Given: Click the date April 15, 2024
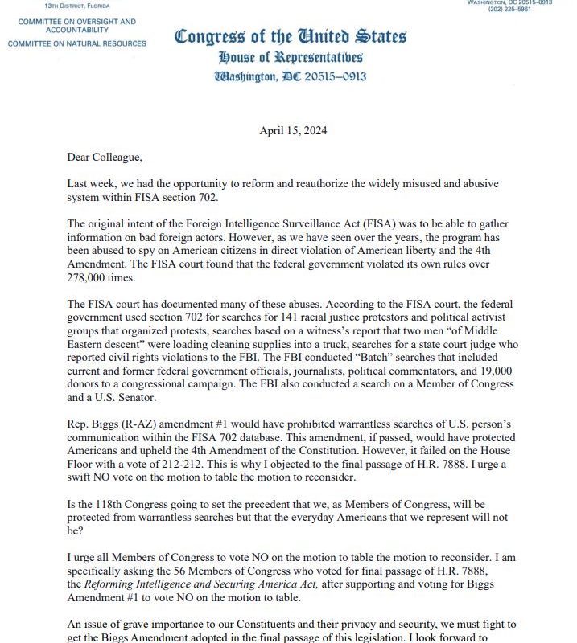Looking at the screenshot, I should pos(294,130).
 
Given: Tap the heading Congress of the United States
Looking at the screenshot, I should pos(291,36).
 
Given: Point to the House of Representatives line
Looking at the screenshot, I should pos(291,57).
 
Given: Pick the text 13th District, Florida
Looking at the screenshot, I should pos(78,6).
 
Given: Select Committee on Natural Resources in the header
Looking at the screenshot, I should pos(77,43).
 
